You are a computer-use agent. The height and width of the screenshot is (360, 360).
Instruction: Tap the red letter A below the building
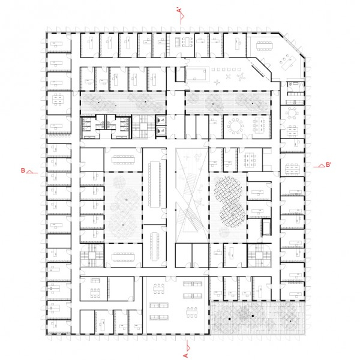[x=185, y=356]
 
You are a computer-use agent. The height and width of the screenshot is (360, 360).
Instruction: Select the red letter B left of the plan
[x=23, y=170]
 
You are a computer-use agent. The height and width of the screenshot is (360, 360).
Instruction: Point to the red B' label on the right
[x=329, y=164]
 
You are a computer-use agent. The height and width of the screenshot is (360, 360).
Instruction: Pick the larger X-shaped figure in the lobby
[x=241, y=77]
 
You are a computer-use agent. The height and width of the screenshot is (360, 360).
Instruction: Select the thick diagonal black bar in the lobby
[x=258, y=71]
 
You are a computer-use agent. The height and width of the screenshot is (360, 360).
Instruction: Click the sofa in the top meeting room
[x=178, y=42]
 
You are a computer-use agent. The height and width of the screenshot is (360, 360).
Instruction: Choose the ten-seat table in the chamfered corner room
[x=265, y=46]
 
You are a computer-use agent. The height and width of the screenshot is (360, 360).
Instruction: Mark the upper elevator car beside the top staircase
[x=161, y=119]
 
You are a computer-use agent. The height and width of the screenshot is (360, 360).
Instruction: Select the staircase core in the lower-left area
[x=92, y=256]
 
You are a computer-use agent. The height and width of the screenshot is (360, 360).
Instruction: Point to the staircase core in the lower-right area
[x=259, y=256]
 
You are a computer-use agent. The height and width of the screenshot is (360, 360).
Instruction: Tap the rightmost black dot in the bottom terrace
[x=290, y=321]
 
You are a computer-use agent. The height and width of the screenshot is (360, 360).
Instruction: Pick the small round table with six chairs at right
[x=292, y=113]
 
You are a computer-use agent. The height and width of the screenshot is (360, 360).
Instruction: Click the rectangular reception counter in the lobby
[x=197, y=74]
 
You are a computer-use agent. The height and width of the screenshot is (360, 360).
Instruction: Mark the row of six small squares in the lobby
[x=226, y=70]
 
